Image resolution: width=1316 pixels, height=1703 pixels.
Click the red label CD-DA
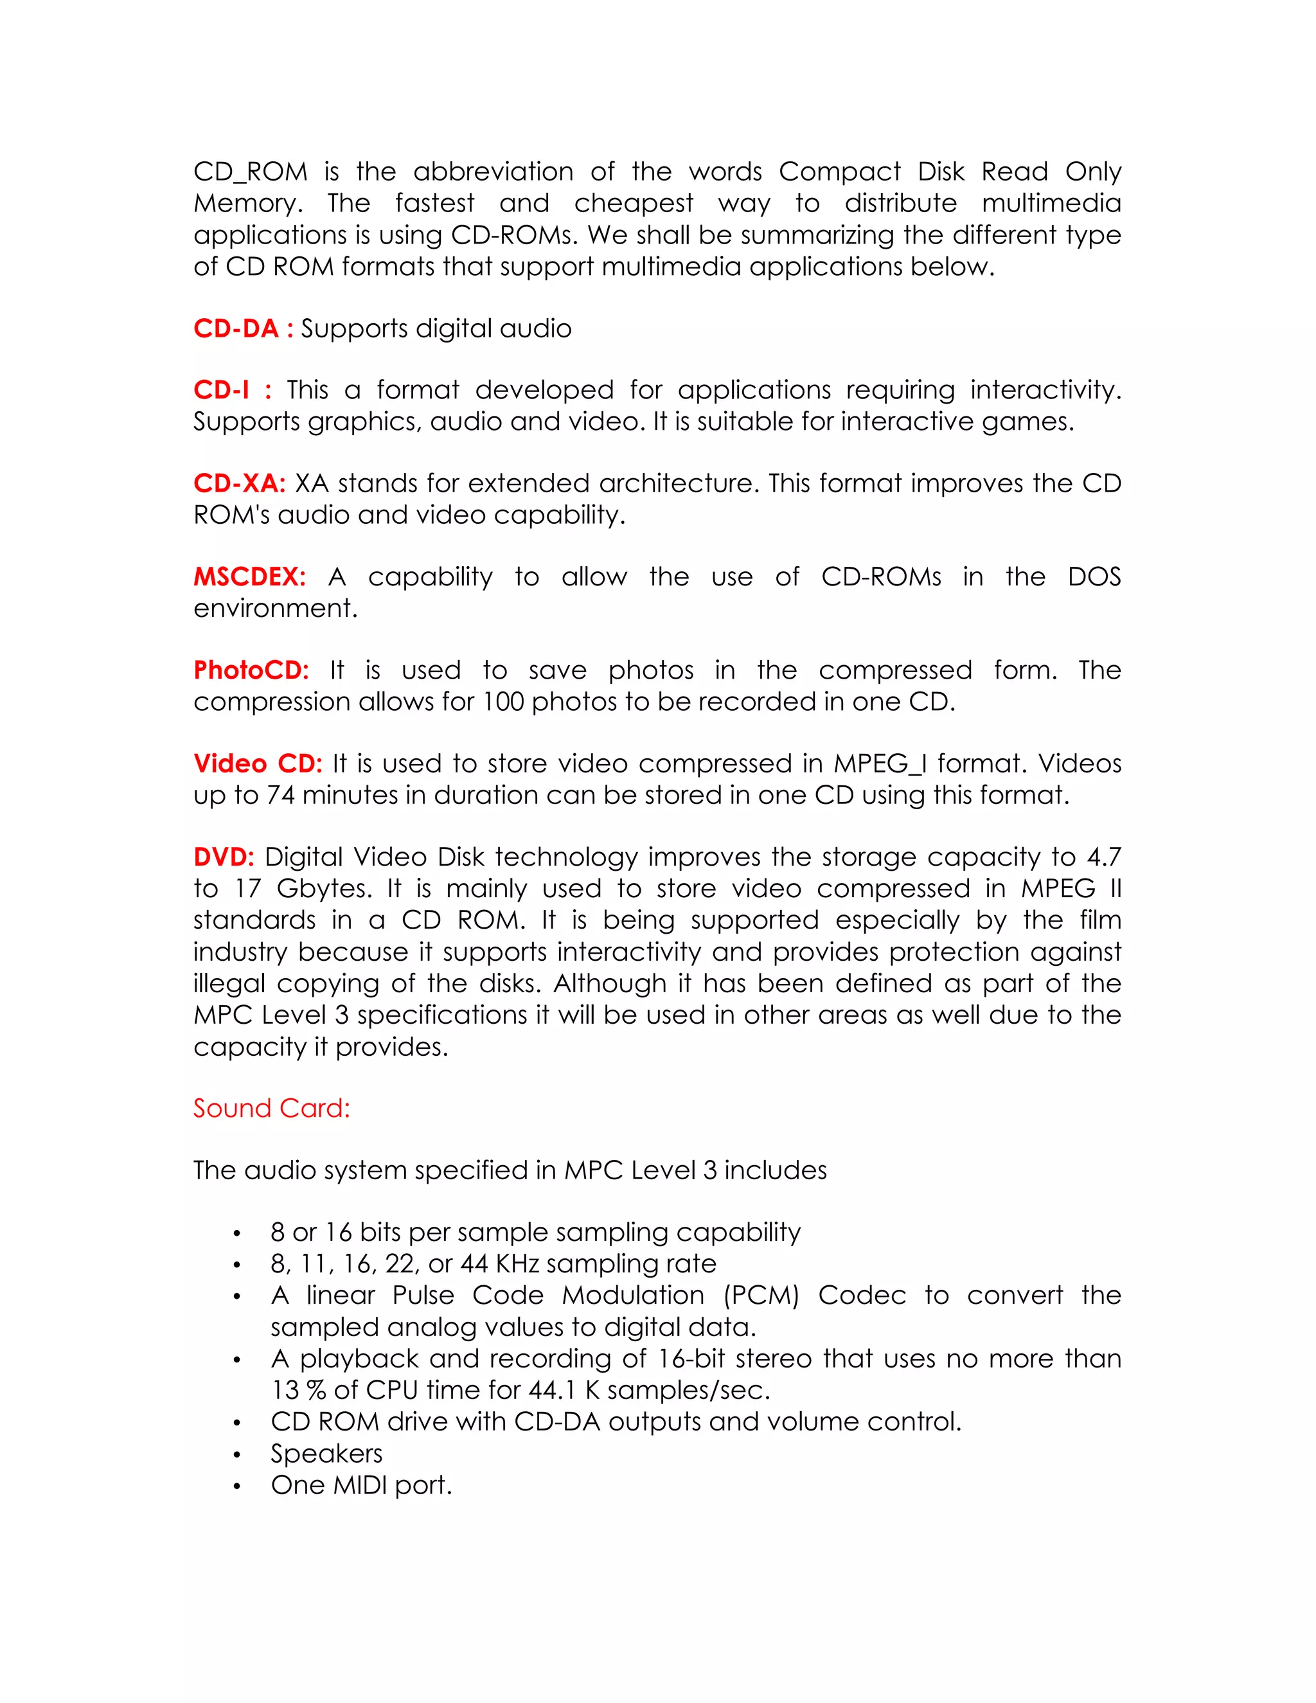click(x=235, y=328)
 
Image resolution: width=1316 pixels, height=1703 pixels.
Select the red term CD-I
click(x=222, y=390)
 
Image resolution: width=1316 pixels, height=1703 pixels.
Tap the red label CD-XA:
click(x=239, y=483)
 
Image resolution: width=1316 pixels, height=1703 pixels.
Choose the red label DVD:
click(x=224, y=857)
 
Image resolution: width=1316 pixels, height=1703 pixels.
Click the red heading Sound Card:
click(x=271, y=1108)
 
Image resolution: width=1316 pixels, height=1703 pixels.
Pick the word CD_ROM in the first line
click(x=250, y=172)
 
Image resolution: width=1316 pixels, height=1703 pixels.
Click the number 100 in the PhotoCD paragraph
click(x=503, y=702)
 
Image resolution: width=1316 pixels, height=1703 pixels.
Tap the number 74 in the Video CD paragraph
click(x=281, y=796)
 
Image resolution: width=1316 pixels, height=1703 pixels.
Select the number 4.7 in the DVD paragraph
click(x=1104, y=857)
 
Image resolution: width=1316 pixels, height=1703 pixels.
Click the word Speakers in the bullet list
click(x=326, y=1454)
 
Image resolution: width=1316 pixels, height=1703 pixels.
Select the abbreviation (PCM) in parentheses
click(x=761, y=1295)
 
